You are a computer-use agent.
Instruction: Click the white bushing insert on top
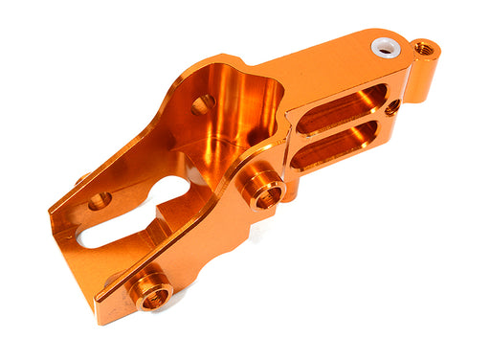click(385, 46)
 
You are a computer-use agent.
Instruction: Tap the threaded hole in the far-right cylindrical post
click(424, 48)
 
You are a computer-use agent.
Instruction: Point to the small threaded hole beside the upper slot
click(392, 107)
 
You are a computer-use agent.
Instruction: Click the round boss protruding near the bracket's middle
click(262, 187)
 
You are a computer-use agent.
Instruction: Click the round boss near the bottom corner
click(150, 289)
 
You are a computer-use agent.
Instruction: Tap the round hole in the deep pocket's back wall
click(203, 104)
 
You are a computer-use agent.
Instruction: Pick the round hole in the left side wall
click(100, 201)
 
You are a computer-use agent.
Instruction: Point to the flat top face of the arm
click(325, 62)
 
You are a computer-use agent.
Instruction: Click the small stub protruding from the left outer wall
click(82, 178)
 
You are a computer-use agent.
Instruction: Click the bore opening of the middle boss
click(267, 194)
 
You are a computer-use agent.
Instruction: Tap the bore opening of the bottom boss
click(152, 297)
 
